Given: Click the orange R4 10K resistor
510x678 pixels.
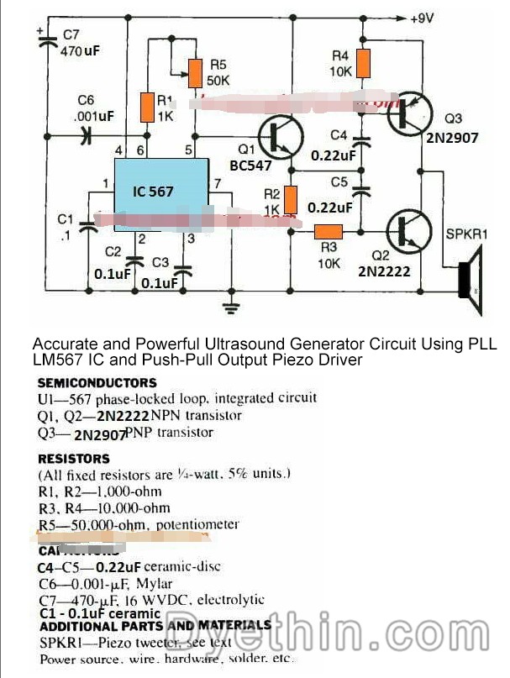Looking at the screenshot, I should pyautogui.click(x=363, y=61).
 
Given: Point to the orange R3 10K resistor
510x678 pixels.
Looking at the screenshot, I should pyautogui.click(x=328, y=233).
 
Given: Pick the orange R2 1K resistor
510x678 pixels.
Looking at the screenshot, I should pyautogui.click(x=291, y=200).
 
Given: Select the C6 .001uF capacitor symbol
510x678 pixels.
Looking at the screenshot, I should pyautogui.click(x=85, y=137).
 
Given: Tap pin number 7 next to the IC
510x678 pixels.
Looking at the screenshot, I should pyautogui.click(x=218, y=183).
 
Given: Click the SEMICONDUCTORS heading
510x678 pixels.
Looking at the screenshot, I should pyautogui.click(x=97, y=382).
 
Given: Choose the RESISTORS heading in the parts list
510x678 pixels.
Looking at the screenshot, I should pyautogui.click(x=74, y=459).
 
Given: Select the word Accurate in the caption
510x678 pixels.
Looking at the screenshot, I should pyautogui.click(x=60, y=344).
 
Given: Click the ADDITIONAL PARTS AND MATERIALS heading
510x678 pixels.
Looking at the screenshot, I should pyautogui.click(x=155, y=626).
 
